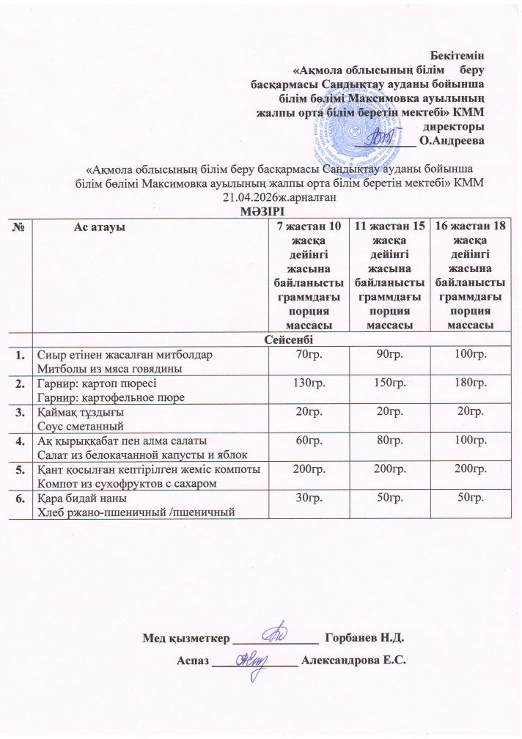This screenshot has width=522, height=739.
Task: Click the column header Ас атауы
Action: point(100,227)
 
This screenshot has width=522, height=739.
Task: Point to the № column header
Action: point(17,227)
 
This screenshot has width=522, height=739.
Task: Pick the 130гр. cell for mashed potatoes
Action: point(307,383)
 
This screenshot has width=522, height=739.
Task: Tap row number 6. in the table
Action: point(17,499)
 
